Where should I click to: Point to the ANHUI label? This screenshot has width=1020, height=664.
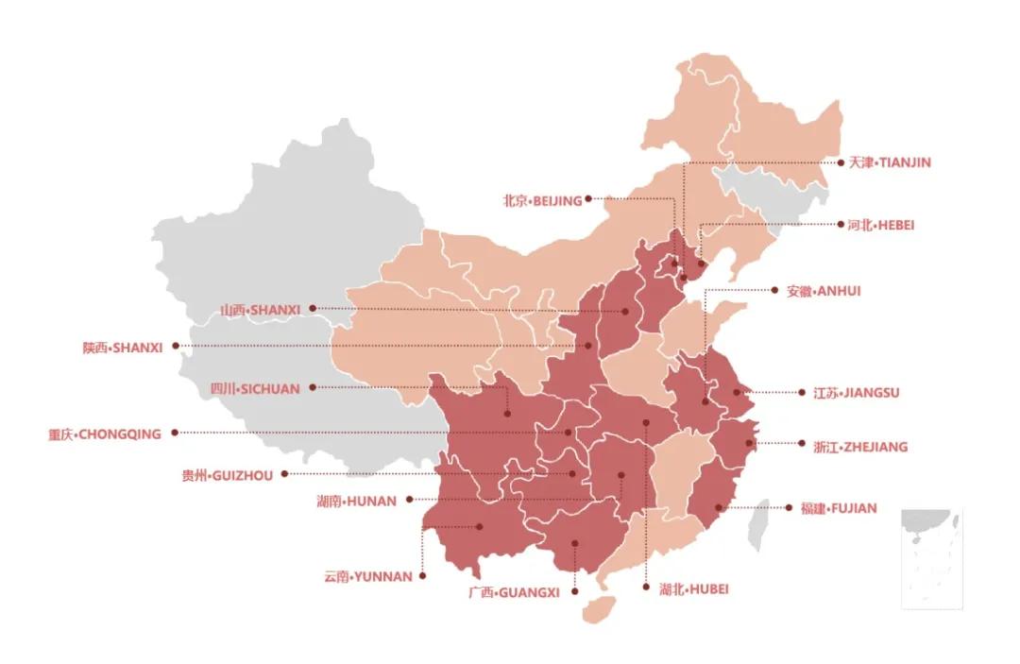824,291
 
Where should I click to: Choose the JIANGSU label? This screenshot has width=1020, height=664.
856,393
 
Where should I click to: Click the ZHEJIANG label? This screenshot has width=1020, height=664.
859,447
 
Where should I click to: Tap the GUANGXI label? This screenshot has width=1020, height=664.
514,592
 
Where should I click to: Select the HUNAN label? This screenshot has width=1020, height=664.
356,501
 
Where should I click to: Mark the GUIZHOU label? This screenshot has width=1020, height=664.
227,475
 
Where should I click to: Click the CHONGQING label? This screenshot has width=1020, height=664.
105,434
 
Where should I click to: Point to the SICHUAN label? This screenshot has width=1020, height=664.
254,388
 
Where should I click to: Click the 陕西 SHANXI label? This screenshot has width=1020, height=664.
123,348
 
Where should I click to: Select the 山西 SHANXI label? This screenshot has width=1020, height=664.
260,309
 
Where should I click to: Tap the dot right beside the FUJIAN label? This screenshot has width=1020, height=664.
790,508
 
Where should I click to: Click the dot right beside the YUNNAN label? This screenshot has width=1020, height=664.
422,575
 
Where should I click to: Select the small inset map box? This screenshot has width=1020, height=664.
931,557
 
